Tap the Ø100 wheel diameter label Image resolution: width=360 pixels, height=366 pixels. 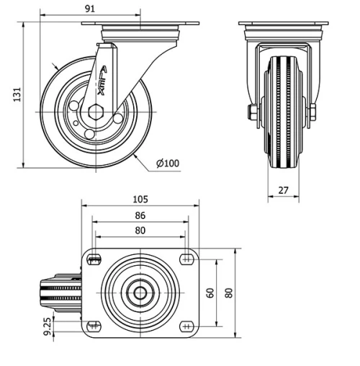pos(168,163)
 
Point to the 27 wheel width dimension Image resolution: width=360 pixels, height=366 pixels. pos(283,190)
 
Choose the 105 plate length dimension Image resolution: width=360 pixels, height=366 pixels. pos(140,200)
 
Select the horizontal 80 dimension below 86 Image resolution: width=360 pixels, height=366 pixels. pos(140,230)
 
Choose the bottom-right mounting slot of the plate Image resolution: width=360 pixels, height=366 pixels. pos(186,325)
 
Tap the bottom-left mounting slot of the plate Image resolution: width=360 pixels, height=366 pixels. pos(93,325)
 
